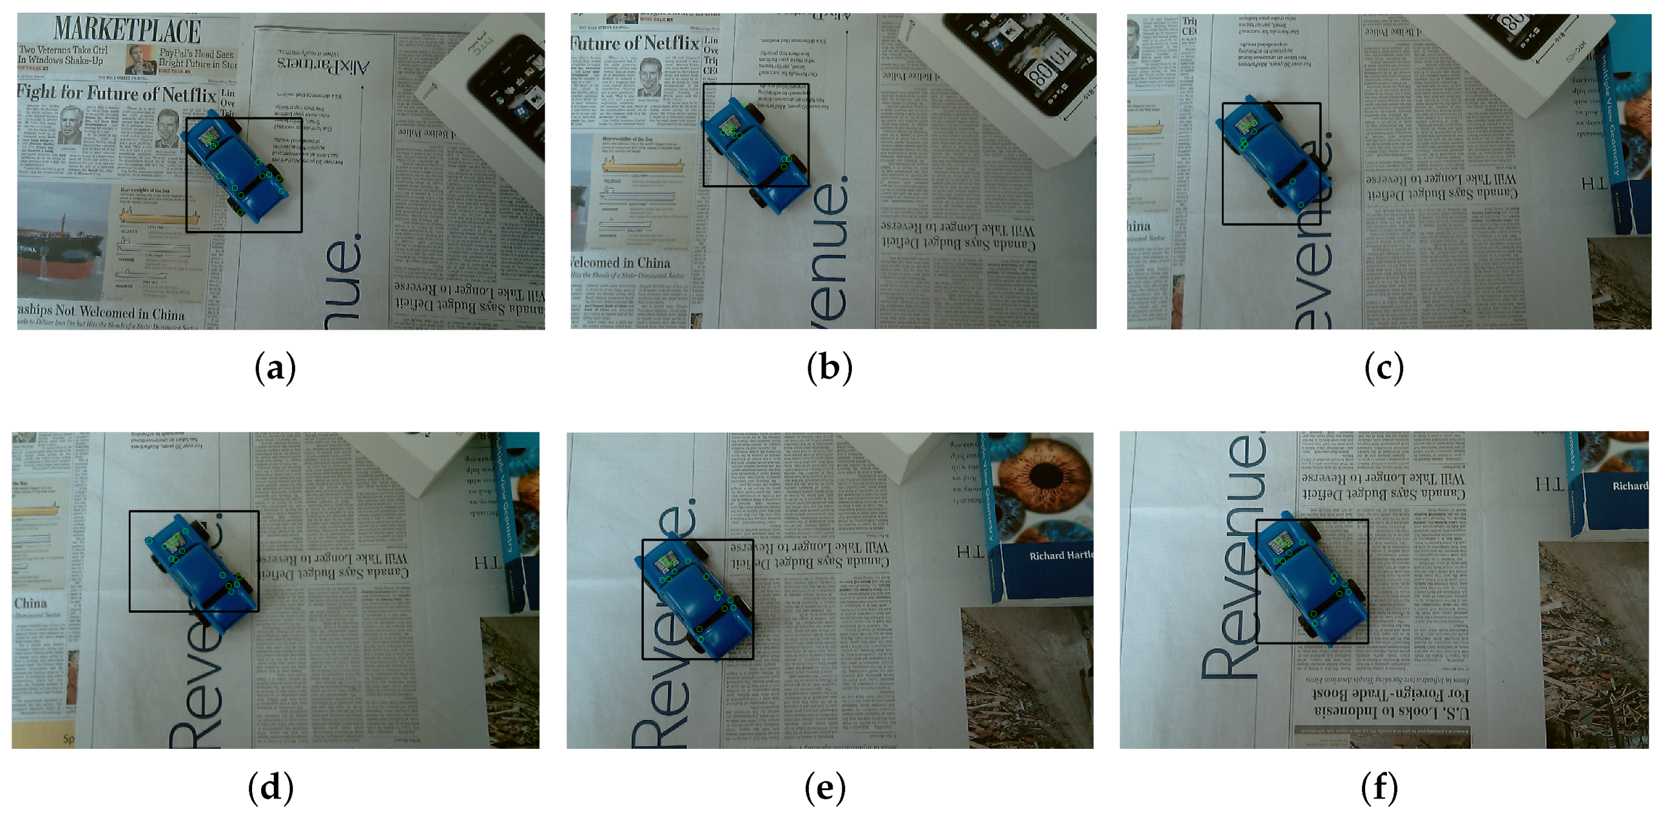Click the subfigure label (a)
pyautogui.click(x=275, y=368)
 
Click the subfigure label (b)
pyautogui.click(x=829, y=368)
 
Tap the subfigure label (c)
pyautogui.click(x=1384, y=368)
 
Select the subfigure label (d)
pyautogui.click(x=271, y=788)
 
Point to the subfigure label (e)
pyautogui.click(x=825, y=788)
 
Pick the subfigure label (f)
pyautogui.click(x=1379, y=788)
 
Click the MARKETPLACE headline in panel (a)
pyautogui.click(x=128, y=29)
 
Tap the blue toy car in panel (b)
pyautogui.click(x=754, y=152)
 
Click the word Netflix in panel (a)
pyautogui.click(x=188, y=95)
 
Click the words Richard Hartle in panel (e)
pyautogui.click(x=1060, y=555)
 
